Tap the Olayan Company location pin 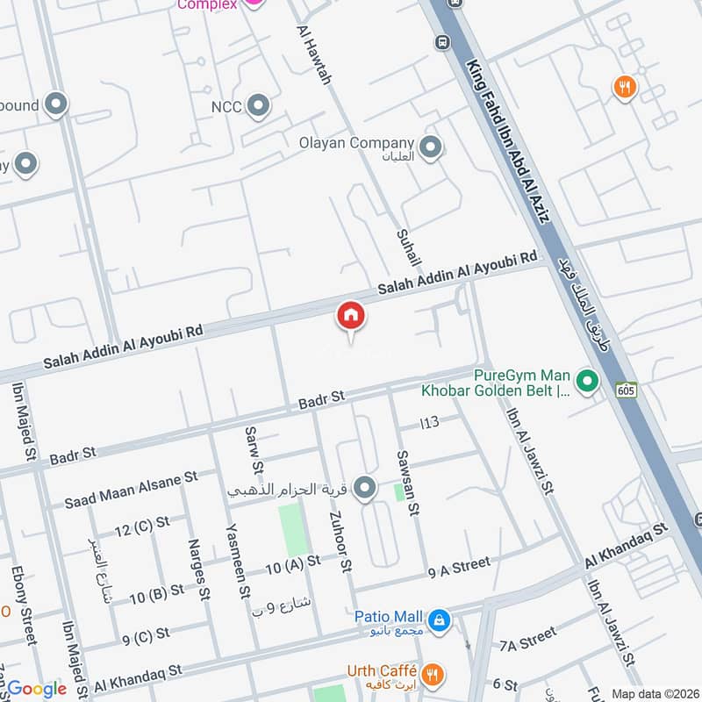[430, 148]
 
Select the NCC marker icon [258, 107]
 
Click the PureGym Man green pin [586, 382]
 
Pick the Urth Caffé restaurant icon [432, 675]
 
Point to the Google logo [36, 689]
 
